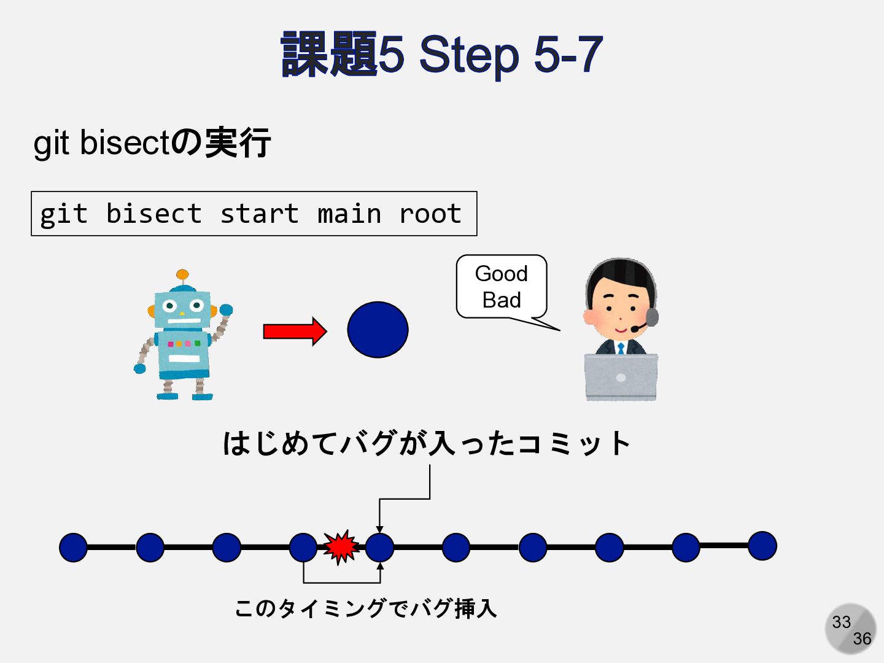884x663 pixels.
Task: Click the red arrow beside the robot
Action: (294, 331)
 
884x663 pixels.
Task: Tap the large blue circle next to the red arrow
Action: (378, 330)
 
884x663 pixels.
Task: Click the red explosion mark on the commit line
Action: (341, 546)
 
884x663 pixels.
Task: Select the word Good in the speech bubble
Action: (501, 274)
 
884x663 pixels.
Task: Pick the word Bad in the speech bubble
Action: (501, 300)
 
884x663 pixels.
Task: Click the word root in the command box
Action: (430, 214)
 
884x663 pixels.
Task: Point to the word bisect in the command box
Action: (153, 214)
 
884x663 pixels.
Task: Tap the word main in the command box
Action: (349, 214)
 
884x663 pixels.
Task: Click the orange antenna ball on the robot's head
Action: (182, 274)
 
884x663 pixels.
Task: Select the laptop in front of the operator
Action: (621, 376)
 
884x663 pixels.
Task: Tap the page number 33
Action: (841, 622)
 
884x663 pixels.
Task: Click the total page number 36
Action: (862, 639)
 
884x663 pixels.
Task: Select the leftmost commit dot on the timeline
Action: (73, 547)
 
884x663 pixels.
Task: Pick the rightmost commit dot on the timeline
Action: (762, 546)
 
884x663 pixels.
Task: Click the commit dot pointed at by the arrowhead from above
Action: (379, 547)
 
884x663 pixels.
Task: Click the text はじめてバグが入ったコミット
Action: (427, 443)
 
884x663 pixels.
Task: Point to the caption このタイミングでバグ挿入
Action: (365, 608)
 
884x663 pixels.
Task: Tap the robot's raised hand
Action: (226, 310)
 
